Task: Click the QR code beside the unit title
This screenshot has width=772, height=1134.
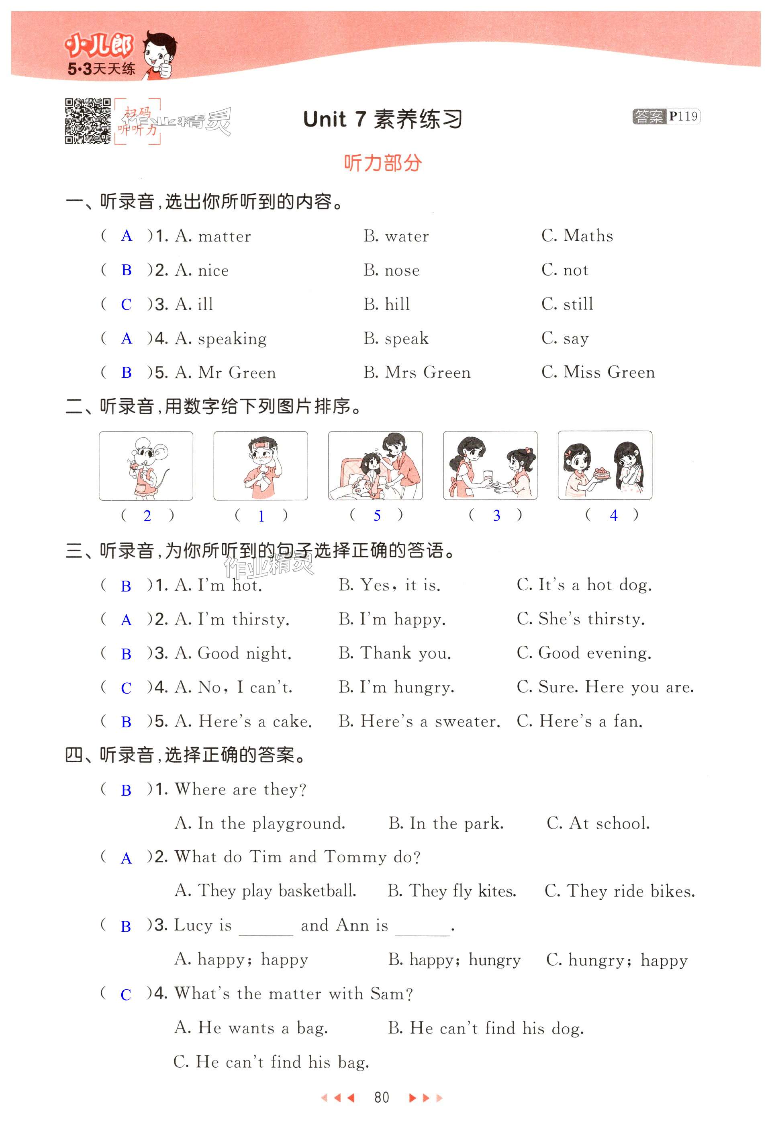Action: (x=88, y=121)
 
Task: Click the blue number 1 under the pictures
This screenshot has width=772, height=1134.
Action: (x=261, y=516)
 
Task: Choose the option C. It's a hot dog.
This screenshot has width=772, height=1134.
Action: (x=584, y=585)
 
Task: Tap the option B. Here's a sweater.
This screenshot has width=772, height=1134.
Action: (x=419, y=721)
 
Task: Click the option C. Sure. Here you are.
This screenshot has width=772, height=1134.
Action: (x=605, y=687)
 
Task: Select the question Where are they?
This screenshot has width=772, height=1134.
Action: (x=241, y=790)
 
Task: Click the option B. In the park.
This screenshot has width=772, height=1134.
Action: (x=446, y=824)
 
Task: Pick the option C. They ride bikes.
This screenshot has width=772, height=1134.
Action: (x=619, y=891)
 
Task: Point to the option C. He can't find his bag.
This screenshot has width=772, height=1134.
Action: (x=271, y=1062)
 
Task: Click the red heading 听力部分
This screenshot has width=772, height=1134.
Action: (x=382, y=163)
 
